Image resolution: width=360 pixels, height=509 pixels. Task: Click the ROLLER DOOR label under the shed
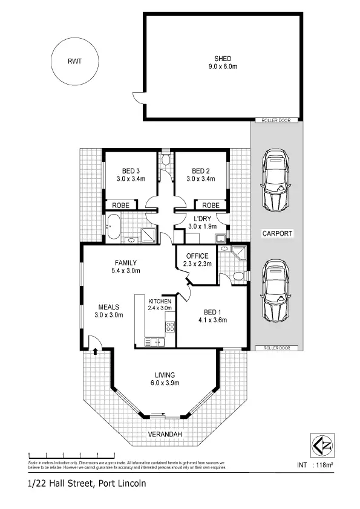click(x=277, y=120)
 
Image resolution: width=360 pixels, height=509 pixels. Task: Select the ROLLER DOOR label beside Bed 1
click(x=277, y=348)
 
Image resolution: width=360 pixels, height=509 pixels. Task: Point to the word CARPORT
click(x=277, y=233)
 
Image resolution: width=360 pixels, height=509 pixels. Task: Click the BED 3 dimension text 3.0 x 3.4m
click(x=132, y=178)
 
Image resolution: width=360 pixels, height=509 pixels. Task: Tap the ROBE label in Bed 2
click(x=211, y=205)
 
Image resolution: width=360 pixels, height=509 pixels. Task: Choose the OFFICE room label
click(x=197, y=256)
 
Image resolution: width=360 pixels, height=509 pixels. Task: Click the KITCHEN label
click(x=160, y=301)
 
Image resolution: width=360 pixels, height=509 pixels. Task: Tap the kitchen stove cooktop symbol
click(x=170, y=328)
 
